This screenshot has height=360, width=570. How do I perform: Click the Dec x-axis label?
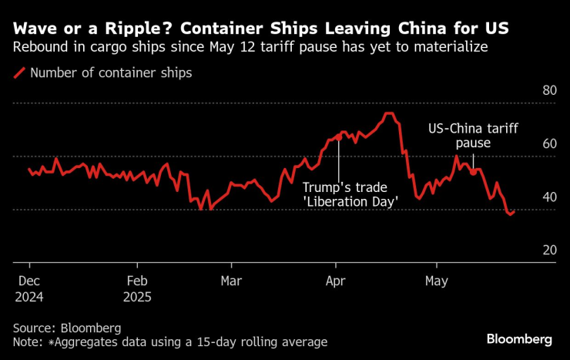tap(29, 281)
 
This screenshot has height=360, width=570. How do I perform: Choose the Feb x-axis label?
tap(136, 281)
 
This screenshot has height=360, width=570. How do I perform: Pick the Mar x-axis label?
tap(231, 281)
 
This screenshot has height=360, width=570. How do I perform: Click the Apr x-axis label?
tap(336, 281)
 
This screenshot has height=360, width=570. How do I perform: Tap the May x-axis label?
tap(437, 281)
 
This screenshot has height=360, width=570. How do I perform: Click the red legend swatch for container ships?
tap(18, 74)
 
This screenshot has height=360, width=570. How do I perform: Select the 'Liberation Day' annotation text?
tap(349, 201)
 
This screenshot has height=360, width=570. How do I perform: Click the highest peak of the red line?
tap(389, 114)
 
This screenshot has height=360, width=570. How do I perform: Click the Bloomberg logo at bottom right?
tap(519, 339)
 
